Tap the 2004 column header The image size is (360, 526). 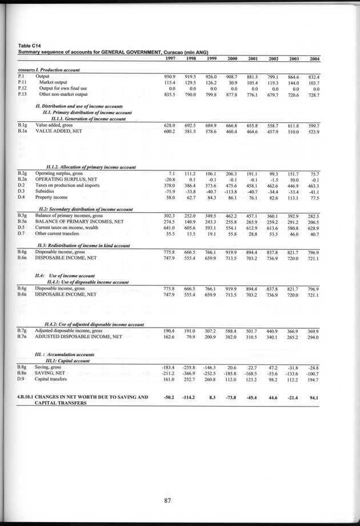pyautogui.click(x=312, y=59)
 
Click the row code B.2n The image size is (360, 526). pyautogui.click(x=22, y=179)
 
